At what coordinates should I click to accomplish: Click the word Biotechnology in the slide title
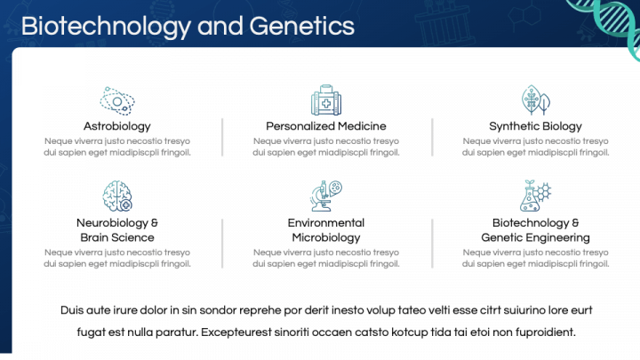point(106,27)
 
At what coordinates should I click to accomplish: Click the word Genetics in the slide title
point(301,27)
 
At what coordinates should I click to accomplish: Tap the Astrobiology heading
point(117,126)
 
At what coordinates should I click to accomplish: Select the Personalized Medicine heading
point(325,126)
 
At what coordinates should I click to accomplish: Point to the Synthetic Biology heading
point(535,126)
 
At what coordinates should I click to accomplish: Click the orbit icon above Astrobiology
point(117,100)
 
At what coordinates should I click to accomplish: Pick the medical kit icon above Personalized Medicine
point(325,100)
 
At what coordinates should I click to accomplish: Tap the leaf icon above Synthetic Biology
point(535,100)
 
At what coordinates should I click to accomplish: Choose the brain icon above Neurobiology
point(117,196)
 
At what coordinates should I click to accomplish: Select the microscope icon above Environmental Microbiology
point(325,196)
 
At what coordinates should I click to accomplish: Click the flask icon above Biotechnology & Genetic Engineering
point(535,196)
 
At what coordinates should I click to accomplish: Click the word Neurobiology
point(112,223)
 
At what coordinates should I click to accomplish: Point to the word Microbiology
point(326,238)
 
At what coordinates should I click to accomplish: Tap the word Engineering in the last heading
point(559,238)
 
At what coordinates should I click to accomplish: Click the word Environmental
point(326,223)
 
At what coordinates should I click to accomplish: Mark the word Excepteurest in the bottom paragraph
point(236,332)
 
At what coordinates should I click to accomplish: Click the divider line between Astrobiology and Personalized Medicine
point(222,137)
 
